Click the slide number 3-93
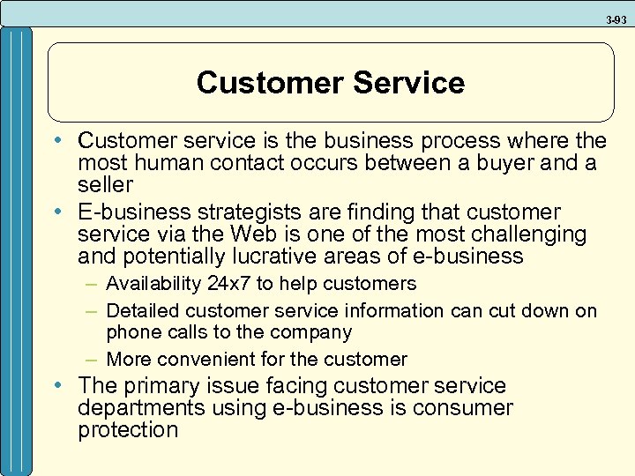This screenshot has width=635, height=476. point(617,18)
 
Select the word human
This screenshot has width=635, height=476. point(160,163)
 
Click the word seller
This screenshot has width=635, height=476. point(105,185)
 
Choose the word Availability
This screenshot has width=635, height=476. point(155,284)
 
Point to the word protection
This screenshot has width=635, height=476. point(128,430)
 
